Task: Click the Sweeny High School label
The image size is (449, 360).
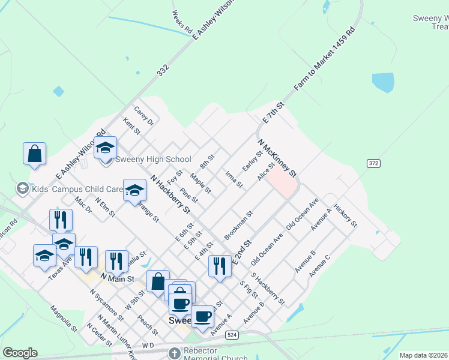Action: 152,159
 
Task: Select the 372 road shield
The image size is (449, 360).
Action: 373,163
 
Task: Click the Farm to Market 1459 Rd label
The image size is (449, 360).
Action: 324,59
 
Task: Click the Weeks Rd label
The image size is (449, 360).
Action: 181,22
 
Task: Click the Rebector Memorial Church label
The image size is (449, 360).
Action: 208,354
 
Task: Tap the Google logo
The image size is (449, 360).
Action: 20,353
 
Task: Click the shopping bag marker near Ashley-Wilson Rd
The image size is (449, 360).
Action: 35,153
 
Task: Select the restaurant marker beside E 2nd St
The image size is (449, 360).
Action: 220,266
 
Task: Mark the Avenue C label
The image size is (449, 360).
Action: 319,266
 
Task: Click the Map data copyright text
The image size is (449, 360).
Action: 423,355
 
